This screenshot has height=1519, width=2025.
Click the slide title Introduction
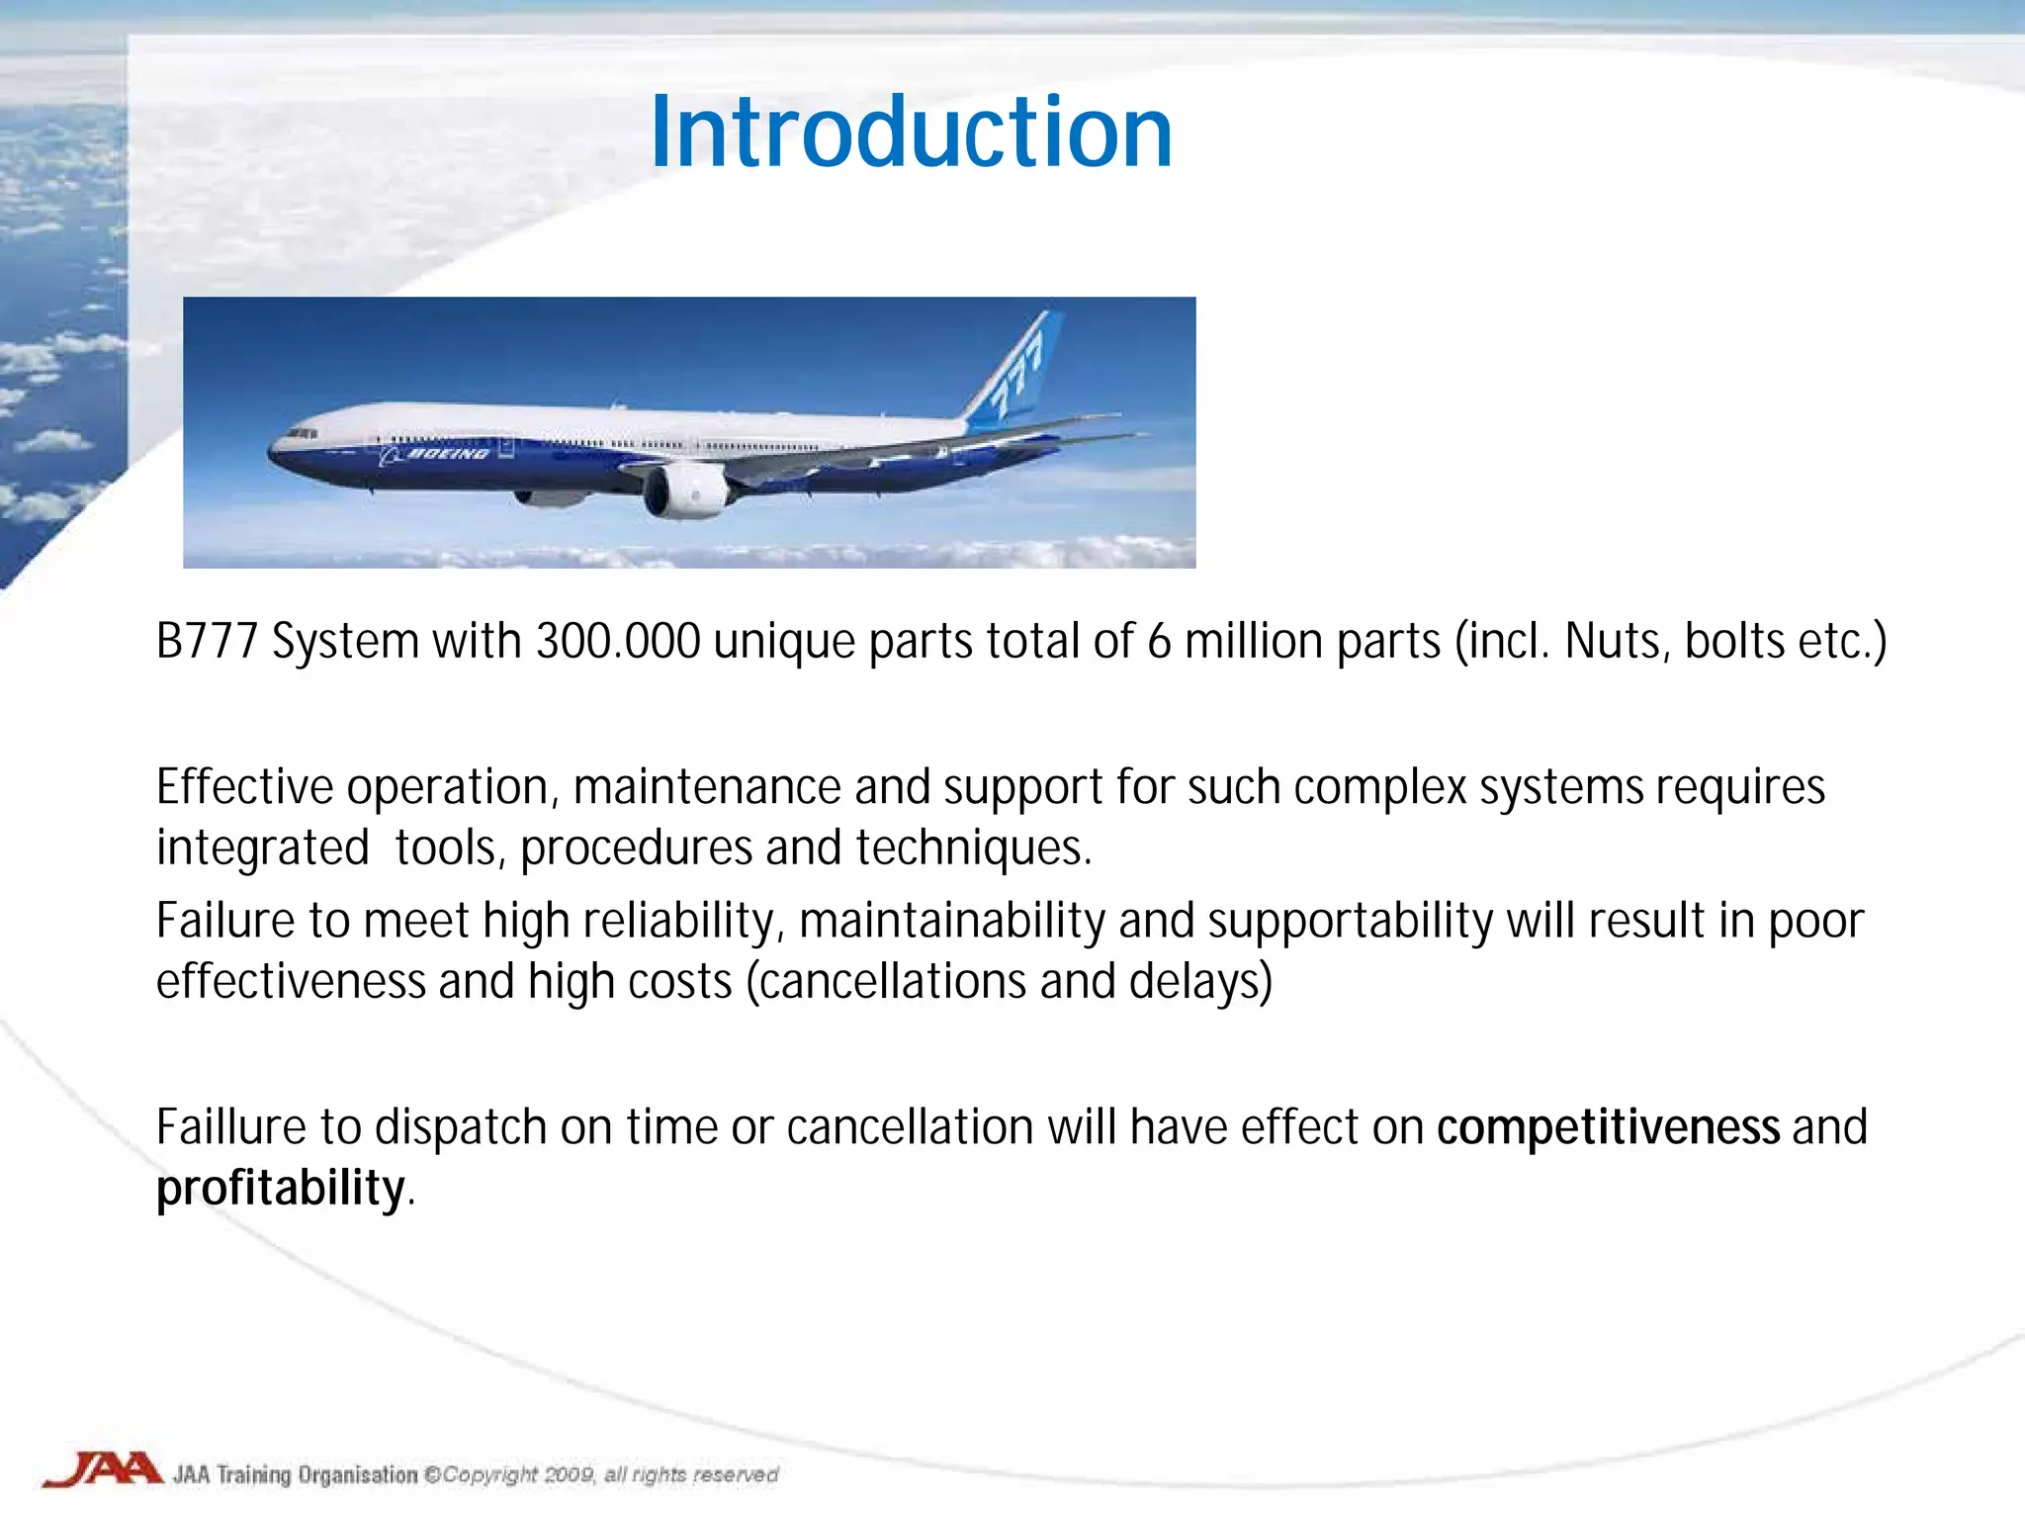click(x=911, y=133)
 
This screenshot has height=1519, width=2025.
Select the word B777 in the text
click(x=207, y=641)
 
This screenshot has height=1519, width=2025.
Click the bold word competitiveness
click(x=1608, y=1127)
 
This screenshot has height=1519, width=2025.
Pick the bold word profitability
click(x=281, y=1188)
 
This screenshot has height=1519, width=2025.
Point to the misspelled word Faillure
click(x=230, y=1127)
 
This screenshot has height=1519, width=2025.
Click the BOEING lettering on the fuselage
click(x=448, y=454)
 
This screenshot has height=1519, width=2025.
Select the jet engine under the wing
click(x=685, y=491)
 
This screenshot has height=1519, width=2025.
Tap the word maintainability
click(x=951, y=921)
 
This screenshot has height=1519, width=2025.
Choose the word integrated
click(x=262, y=849)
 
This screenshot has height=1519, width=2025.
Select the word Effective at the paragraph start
click(x=244, y=787)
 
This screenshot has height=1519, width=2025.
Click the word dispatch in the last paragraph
click(x=460, y=1127)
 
